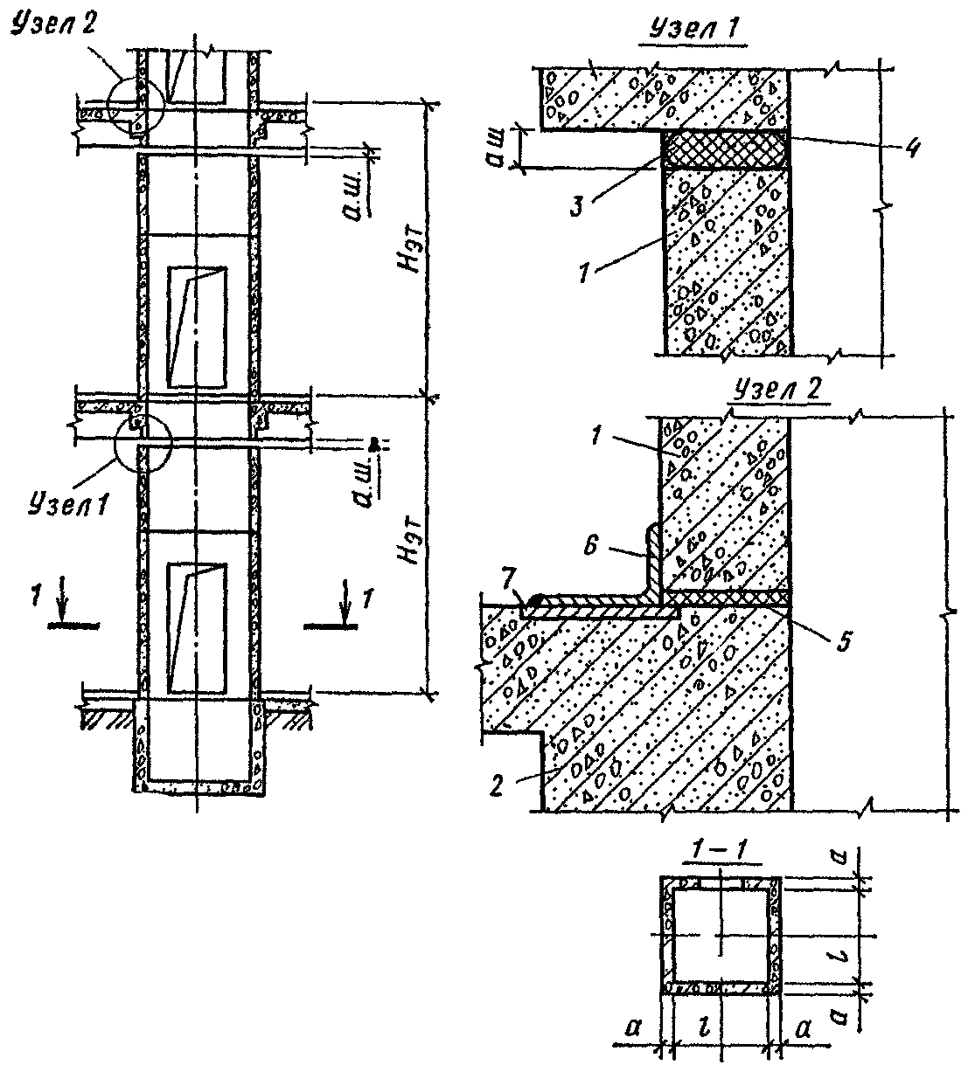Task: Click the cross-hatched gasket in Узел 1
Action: [x=725, y=149]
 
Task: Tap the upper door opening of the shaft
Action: [x=196, y=326]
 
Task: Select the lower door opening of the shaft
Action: [x=196, y=625]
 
